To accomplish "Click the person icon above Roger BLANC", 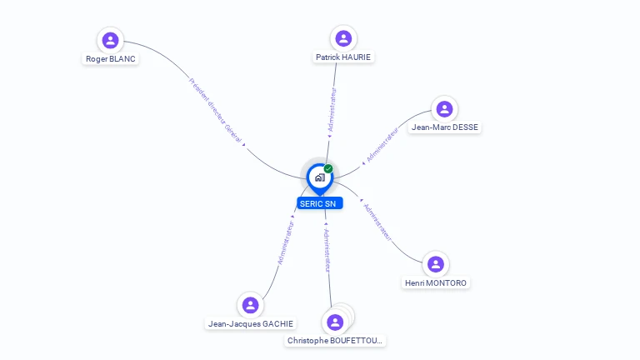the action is tap(110, 40).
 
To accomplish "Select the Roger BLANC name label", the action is tap(111, 59).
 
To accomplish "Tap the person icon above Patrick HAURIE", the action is tap(343, 38).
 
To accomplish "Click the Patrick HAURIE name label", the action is tap(343, 57).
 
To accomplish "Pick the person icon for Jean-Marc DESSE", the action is tap(444, 109).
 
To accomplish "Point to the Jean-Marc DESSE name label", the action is tap(444, 127).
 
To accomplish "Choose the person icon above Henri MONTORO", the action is tap(436, 264).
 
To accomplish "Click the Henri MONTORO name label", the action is tap(436, 282).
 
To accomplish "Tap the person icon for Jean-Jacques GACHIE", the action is tap(250, 305).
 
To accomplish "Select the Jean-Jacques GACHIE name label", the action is tap(251, 323).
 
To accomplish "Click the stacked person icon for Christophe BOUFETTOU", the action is tap(335, 322).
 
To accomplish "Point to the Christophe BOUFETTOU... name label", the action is tap(335, 340).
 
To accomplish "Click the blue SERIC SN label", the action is tap(320, 203).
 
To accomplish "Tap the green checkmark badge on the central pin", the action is tap(328, 168).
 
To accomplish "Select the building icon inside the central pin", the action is tap(320, 177).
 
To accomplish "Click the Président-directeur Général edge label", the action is tap(215, 110).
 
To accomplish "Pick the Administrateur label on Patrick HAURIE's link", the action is tap(332, 109).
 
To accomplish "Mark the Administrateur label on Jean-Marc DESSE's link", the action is tap(382, 145).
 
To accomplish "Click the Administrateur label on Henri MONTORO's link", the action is tap(377, 222).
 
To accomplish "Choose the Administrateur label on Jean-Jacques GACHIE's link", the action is tap(286, 242).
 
